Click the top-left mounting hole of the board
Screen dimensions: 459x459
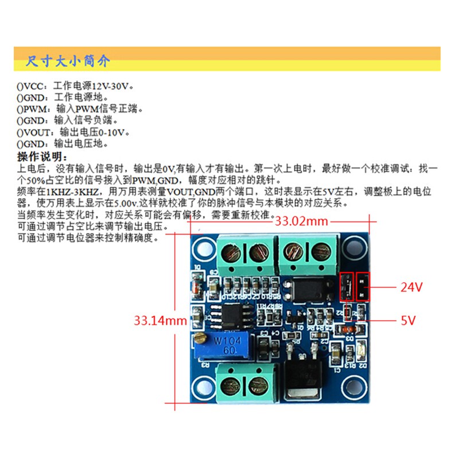[202, 248]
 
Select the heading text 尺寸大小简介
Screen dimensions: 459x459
[68, 61]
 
